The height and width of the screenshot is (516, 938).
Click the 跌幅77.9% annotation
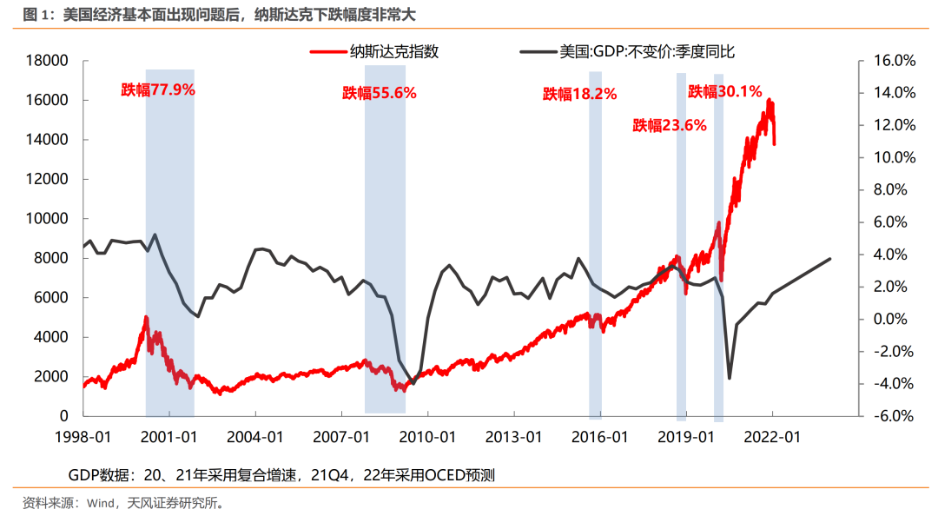158,89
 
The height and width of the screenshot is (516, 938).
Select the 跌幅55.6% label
380,93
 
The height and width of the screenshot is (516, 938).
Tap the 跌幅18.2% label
579,94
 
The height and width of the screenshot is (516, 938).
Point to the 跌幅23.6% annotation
669,125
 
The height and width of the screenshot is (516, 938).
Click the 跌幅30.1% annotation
724,91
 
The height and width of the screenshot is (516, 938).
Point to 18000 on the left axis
48,61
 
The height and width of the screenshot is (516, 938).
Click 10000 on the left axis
48,219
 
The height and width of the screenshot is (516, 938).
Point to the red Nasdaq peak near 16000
770,101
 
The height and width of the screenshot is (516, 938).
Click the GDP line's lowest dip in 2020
730,377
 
